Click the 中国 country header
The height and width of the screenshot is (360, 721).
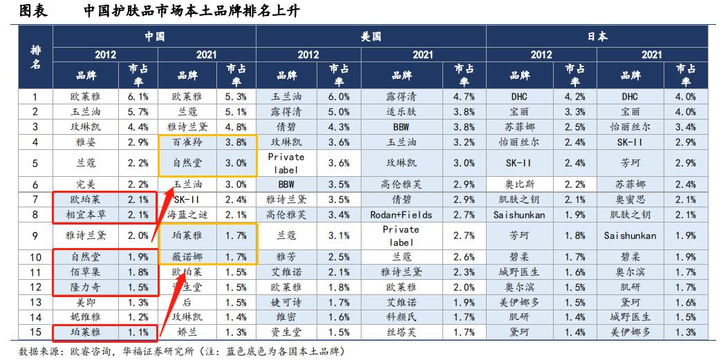pos(155,36)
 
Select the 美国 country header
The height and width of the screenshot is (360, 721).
pos(371,36)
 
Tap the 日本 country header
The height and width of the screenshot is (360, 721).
pos(597,36)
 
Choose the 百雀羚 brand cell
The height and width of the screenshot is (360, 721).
pos(188,143)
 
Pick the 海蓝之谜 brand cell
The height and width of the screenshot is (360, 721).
pos(188,214)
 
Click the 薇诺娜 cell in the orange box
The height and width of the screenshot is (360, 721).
pos(188,257)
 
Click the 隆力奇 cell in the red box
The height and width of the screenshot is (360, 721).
pos(81,287)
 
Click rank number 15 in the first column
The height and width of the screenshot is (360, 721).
pos(36,332)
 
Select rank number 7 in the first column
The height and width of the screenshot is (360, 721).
pos(36,199)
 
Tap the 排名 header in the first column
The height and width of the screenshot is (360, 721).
pos(36,58)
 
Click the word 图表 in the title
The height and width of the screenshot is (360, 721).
pos(33,10)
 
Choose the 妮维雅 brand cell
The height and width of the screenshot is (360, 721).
pos(81,317)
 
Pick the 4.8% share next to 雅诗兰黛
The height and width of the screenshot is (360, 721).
pos(236,127)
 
